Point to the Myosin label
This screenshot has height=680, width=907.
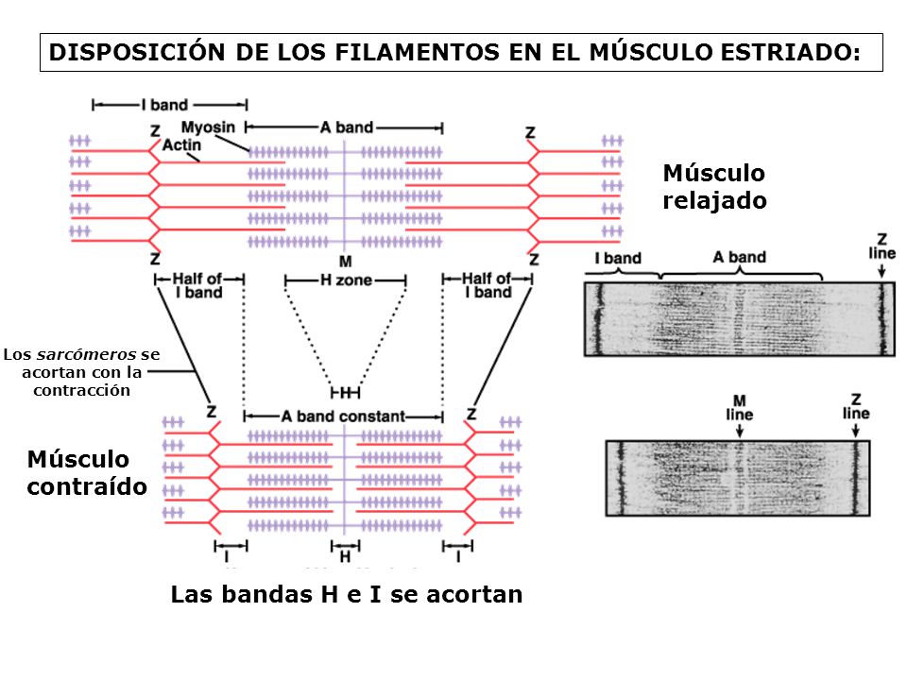pos(209,128)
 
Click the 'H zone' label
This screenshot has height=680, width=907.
pos(346,280)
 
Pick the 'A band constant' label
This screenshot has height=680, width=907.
pos(343,416)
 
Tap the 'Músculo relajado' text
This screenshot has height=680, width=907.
pos(714,187)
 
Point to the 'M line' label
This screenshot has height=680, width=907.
pos(740,407)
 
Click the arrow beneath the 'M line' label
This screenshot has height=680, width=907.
pos(740,430)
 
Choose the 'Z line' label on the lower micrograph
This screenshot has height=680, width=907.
pos(856,406)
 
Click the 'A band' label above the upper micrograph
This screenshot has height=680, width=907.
pos(740,257)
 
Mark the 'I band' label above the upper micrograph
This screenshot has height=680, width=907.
pos(618,259)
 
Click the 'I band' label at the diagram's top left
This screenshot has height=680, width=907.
pos(170,105)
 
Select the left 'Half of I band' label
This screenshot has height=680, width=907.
pos(197,285)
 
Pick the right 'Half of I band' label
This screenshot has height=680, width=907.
pos(488,285)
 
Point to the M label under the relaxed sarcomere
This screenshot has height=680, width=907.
pos(345,260)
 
